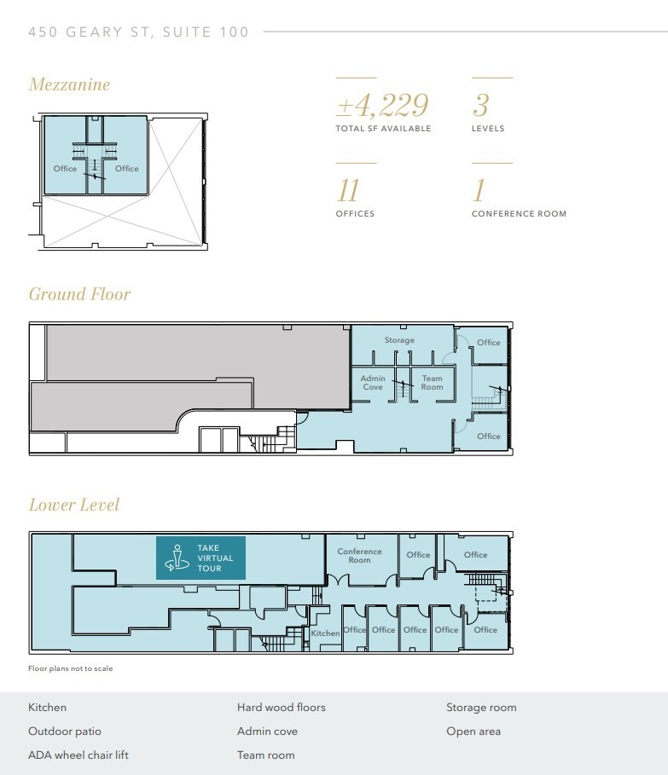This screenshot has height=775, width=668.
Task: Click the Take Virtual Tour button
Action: pyautogui.click(x=200, y=558)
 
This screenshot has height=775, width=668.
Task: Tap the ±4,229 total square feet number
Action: pyautogui.click(x=382, y=106)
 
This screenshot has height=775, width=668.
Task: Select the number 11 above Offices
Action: pyautogui.click(x=348, y=189)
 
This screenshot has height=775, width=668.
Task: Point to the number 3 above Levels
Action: pyautogui.click(x=480, y=106)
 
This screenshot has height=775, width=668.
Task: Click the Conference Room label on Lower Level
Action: pyautogui.click(x=359, y=556)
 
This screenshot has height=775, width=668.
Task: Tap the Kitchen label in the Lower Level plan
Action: pyautogui.click(x=325, y=633)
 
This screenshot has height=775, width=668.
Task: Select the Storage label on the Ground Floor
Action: pyautogui.click(x=399, y=340)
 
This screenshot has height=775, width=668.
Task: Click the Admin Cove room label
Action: pyautogui.click(x=373, y=383)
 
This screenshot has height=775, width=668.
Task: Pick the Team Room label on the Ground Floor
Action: pyautogui.click(x=432, y=383)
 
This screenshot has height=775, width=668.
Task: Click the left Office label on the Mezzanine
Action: pyautogui.click(x=65, y=169)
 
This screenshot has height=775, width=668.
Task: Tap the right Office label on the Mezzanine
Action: pyautogui.click(x=126, y=169)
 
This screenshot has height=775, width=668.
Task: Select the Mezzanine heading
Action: pyautogui.click(x=69, y=84)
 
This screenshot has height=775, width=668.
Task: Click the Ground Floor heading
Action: pyautogui.click(x=79, y=294)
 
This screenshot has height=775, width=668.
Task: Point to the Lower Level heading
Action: pyautogui.click(x=74, y=505)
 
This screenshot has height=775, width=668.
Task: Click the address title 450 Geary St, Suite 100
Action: pyautogui.click(x=139, y=32)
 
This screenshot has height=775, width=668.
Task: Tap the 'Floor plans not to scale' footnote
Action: pyautogui.click(x=70, y=669)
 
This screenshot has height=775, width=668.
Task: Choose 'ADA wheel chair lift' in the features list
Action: pyautogui.click(x=78, y=755)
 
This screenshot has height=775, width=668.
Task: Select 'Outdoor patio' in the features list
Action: pyautogui.click(x=65, y=731)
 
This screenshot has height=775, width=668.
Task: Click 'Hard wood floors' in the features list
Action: pyautogui.click(x=282, y=707)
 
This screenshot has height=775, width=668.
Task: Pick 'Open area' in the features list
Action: pyautogui.click(x=473, y=731)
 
